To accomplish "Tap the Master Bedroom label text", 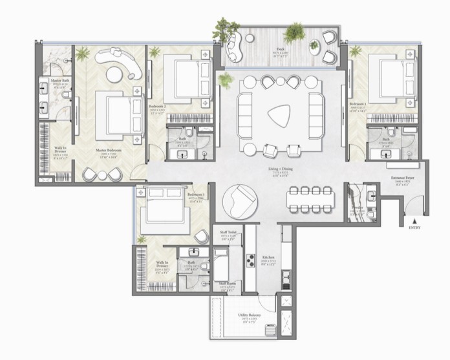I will pos(109,151).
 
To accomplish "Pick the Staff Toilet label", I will pos(228,237).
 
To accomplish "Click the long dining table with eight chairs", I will pos(310,200).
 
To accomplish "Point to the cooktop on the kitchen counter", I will pos(250,260).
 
